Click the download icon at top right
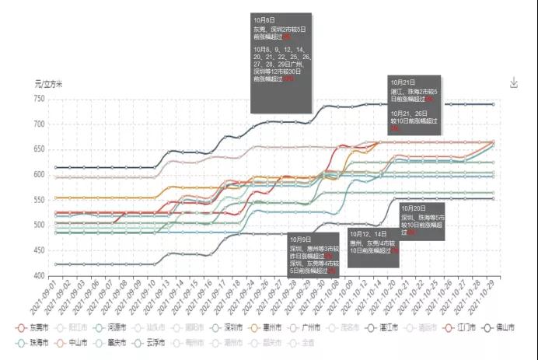(x=513, y=83)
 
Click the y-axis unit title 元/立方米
(x=49, y=82)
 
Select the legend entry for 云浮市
(x=153, y=341)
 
